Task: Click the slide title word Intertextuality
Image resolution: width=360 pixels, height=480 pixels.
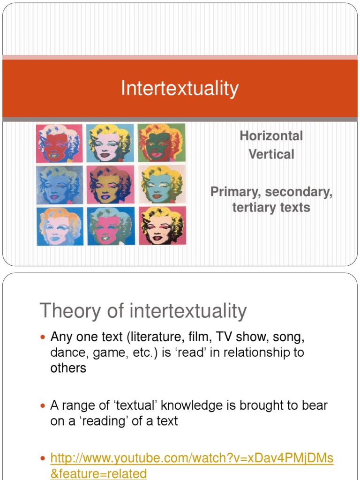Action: (x=180, y=88)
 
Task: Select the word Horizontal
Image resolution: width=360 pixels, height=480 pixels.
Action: (x=271, y=136)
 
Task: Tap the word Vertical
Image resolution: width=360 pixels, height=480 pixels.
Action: (x=271, y=154)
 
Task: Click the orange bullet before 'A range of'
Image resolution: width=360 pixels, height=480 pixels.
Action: (x=43, y=405)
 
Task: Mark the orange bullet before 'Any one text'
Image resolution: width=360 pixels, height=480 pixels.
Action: (x=43, y=337)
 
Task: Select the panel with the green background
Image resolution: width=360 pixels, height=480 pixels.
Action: (x=162, y=143)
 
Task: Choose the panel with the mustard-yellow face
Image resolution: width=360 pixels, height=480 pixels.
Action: (x=110, y=185)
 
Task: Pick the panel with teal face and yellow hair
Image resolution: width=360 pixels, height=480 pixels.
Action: (x=162, y=185)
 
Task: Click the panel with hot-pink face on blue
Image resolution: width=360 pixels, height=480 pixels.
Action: (x=110, y=226)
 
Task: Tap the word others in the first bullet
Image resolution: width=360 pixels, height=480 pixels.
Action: (x=68, y=368)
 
